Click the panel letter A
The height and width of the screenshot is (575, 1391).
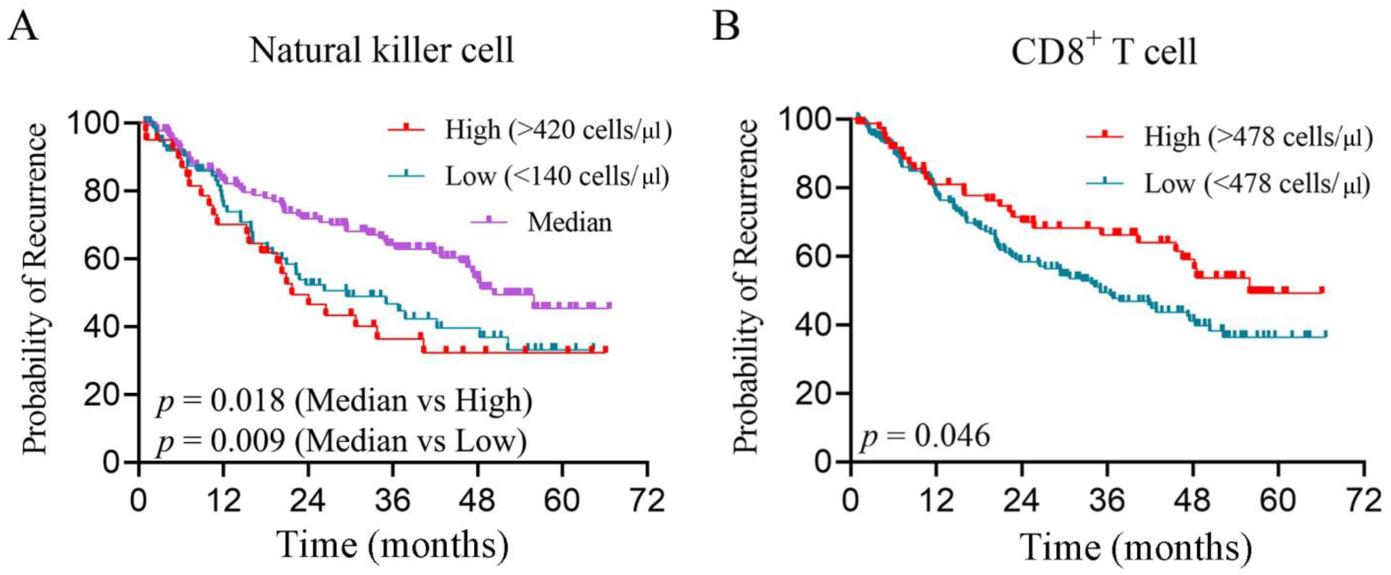click(23, 27)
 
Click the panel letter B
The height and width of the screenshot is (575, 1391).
click(725, 27)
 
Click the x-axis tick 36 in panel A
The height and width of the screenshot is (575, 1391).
click(392, 501)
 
